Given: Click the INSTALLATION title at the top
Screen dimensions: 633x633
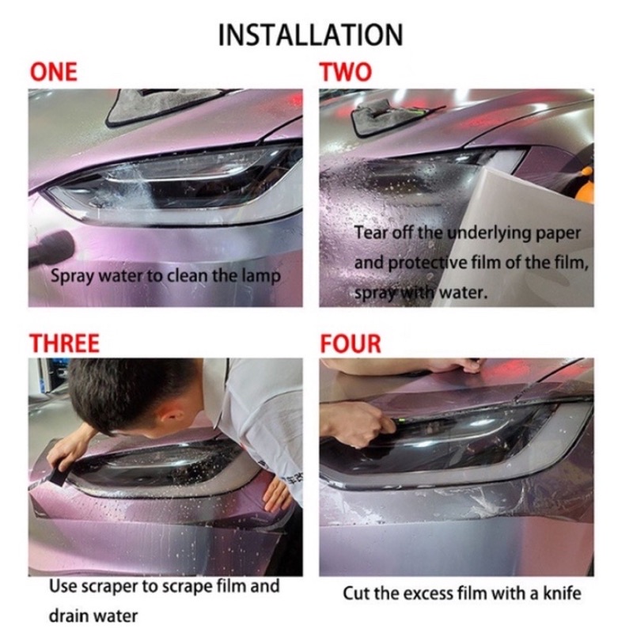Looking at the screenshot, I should (x=310, y=35).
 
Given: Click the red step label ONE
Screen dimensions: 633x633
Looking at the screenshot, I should (x=54, y=72).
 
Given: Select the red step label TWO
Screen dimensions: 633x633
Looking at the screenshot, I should (x=346, y=72).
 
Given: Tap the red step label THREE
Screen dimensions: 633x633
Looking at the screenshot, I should (x=65, y=343).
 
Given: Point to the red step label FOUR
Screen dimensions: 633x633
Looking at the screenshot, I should (x=351, y=343).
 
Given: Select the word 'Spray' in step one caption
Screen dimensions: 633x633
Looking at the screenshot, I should (x=69, y=277).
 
